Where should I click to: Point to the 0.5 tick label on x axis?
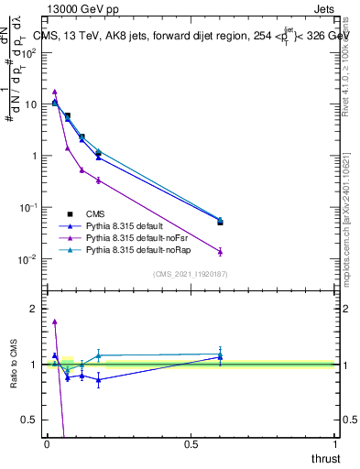(x=191, y=443)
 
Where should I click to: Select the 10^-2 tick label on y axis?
(x=27, y=259)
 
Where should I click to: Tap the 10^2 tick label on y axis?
(x=28, y=52)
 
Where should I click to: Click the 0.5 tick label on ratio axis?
(x=29, y=420)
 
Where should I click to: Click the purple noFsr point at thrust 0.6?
(x=220, y=251)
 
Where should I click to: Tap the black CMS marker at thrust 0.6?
(x=220, y=222)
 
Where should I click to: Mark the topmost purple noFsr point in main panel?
(x=55, y=92)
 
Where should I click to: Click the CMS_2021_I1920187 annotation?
(x=189, y=274)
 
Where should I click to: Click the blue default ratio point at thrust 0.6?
(x=220, y=357)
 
